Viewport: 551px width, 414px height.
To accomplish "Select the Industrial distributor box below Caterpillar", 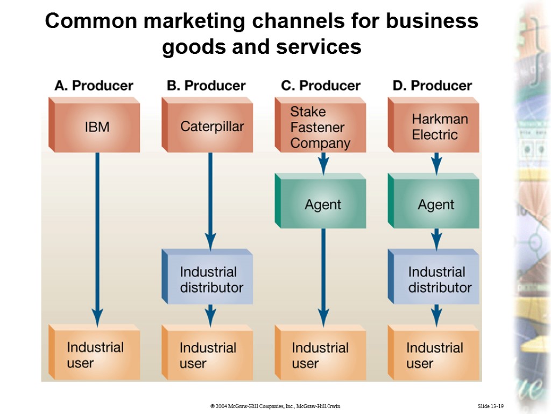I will (x=208, y=279).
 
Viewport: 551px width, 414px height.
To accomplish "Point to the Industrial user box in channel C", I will (x=321, y=355).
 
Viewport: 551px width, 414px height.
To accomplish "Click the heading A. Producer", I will (x=94, y=86).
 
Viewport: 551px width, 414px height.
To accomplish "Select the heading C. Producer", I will (x=321, y=86).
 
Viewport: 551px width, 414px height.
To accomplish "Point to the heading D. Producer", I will (x=433, y=86).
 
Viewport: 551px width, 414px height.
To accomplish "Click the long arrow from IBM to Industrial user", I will (x=97, y=237).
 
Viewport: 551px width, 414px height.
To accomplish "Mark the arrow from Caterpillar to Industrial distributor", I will (x=210, y=199).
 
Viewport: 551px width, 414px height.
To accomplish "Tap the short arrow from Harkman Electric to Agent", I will (x=436, y=162).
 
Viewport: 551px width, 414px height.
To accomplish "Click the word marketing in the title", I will (x=189, y=22).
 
